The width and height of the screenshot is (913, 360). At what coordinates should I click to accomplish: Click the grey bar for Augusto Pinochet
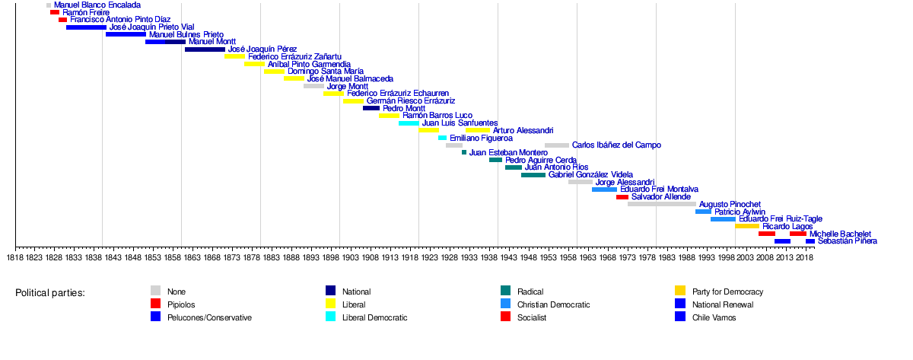click(662, 204)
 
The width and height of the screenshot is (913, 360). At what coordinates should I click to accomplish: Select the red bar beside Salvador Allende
click(622, 197)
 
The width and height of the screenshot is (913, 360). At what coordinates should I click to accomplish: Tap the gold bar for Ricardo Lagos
click(747, 226)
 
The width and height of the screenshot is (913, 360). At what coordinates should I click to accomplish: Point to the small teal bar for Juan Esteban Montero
click(464, 152)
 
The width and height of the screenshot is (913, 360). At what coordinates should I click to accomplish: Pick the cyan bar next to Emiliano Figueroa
click(443, 138)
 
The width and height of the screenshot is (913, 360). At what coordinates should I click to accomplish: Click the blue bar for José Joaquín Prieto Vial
click(86, 27)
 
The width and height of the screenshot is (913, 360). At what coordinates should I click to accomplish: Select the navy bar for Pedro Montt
click(371, 108)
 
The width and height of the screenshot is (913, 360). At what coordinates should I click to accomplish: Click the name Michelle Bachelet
click(840, 234)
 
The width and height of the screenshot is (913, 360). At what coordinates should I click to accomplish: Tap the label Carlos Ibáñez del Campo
click(616, 145)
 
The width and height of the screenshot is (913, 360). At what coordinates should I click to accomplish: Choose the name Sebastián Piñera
click(847, 241)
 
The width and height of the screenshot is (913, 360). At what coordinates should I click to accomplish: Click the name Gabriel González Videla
click(590, 174)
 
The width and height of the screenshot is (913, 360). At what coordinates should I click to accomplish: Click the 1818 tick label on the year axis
click(15, 258)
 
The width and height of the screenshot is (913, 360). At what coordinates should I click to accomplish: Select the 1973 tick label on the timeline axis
click(628, 258)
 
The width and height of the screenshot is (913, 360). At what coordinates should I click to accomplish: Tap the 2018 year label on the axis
click(805, 258)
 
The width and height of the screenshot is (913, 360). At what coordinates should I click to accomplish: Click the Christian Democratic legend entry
click(564, 304)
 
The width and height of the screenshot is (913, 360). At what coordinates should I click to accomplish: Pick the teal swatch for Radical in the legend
click(506, 292)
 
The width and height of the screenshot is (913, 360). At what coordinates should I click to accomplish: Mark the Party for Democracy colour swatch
click(680, 292)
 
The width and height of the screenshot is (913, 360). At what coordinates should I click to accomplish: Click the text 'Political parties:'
click(50, 293)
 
